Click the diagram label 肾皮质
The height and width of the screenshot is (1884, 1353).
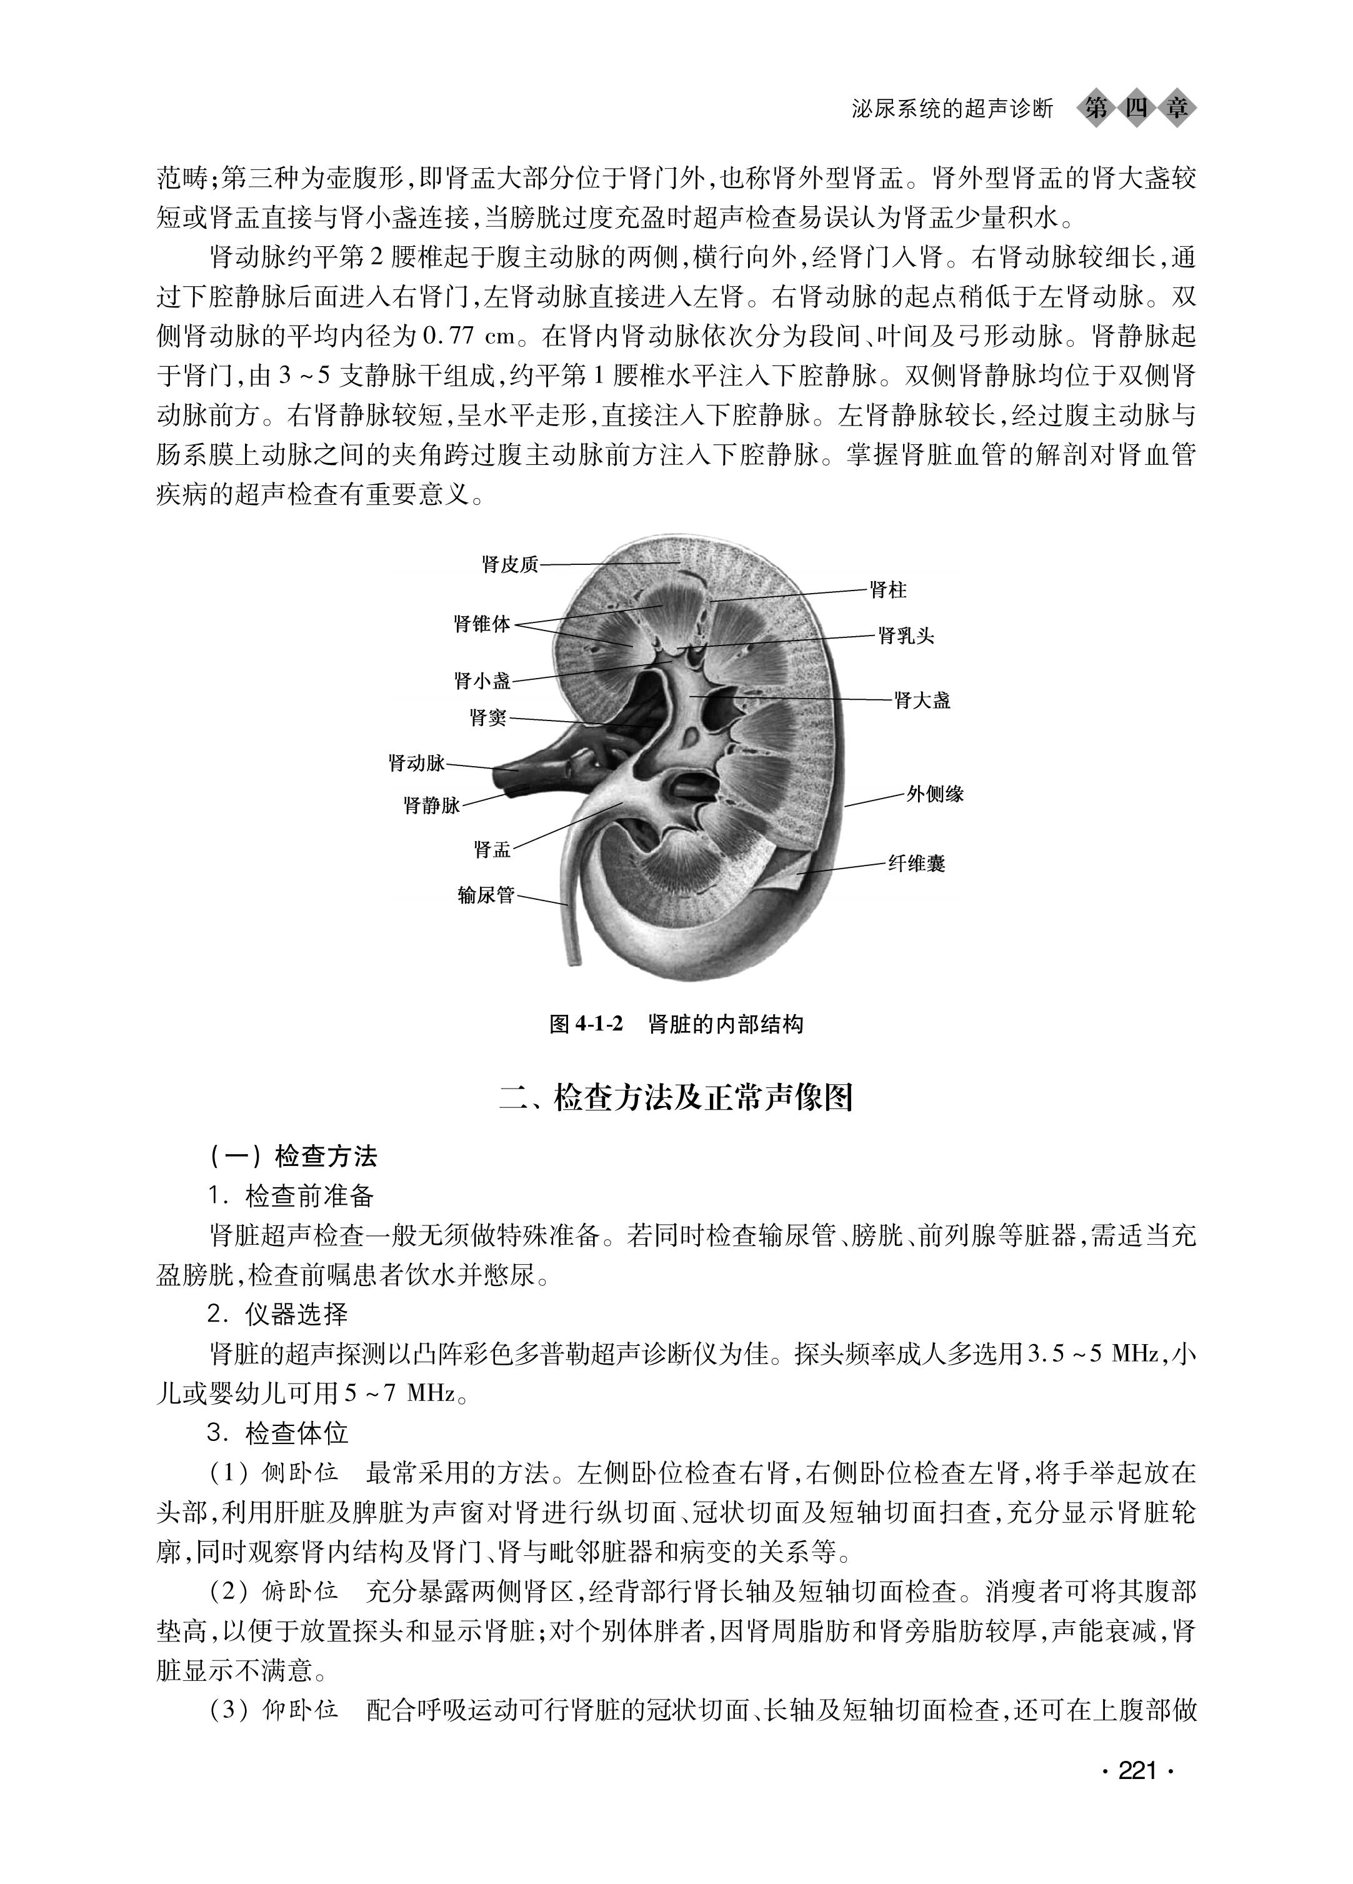(510, 565)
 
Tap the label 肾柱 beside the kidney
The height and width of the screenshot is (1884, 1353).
(888, 590)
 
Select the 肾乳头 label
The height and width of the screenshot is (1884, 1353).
(906, 636)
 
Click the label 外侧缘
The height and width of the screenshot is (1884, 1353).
(934, 794)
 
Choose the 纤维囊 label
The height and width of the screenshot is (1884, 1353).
(917, 864)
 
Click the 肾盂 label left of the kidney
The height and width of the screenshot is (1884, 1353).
(492, 850)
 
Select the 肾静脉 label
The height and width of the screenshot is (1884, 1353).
(431, 804)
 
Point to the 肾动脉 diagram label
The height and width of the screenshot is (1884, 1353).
(417, 762)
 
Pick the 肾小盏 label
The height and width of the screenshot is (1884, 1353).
(482, 681)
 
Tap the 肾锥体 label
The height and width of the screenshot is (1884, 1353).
(482, 624)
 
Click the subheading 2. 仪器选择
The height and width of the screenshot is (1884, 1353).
(277, 1314)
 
